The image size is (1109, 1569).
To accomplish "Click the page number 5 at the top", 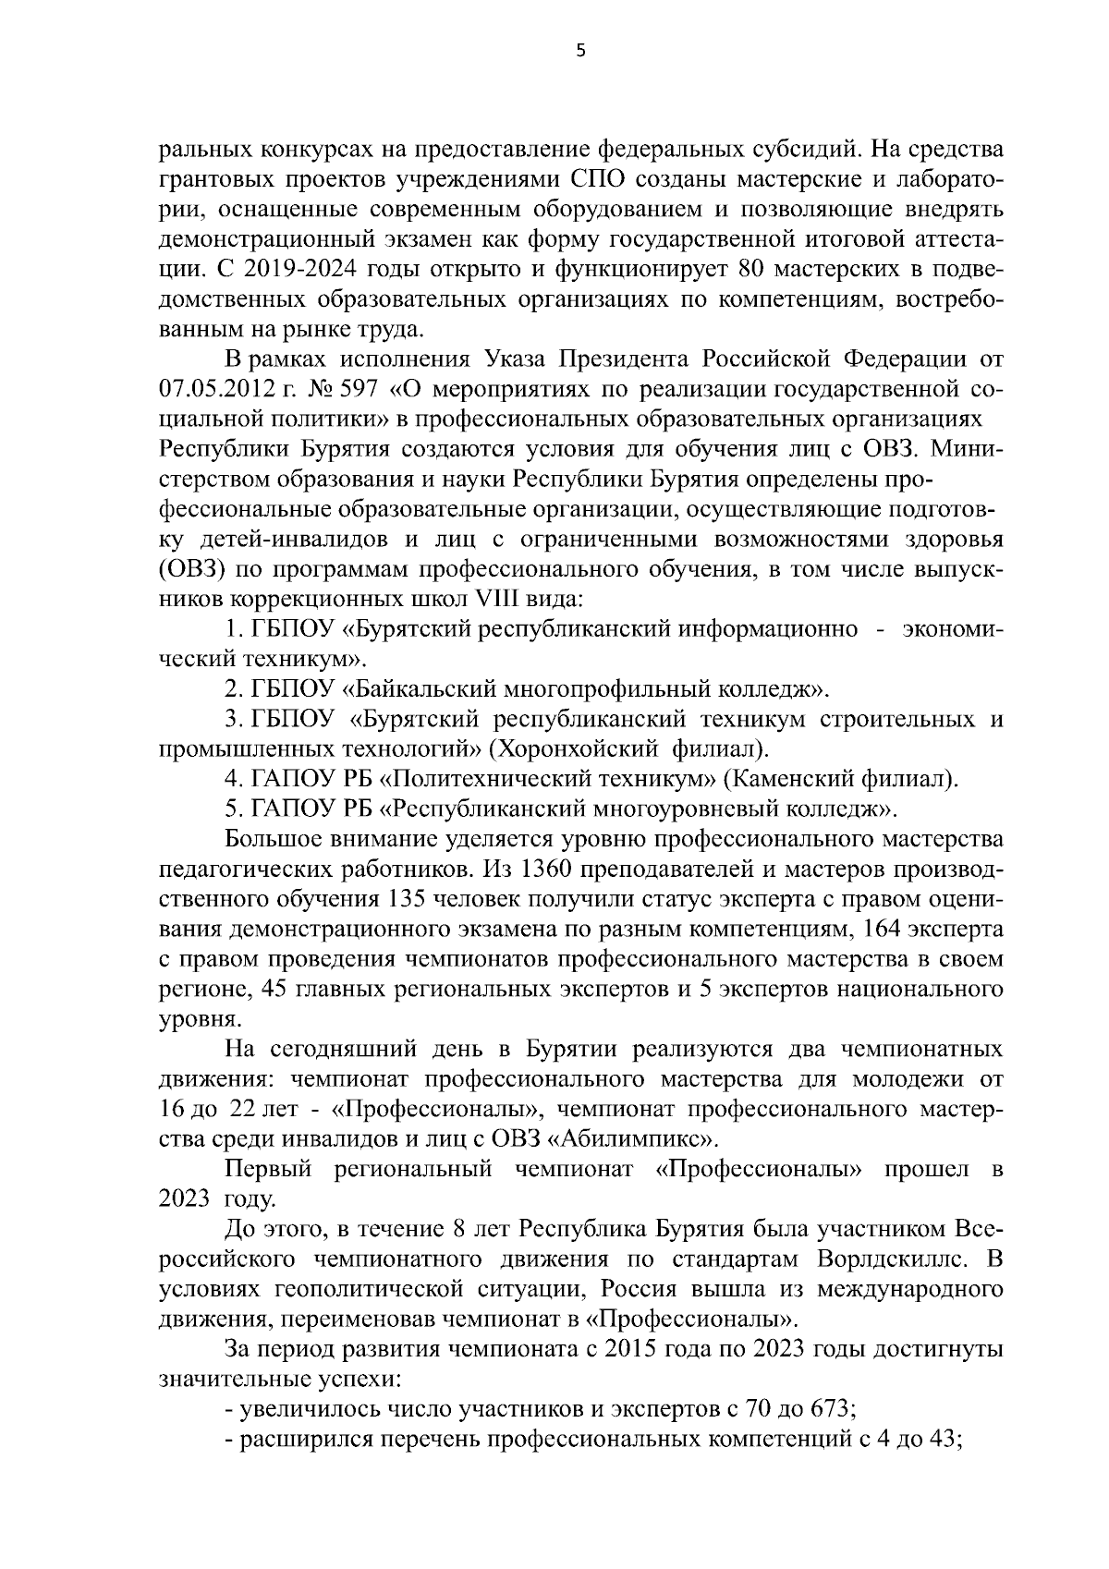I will coord(579,52).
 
